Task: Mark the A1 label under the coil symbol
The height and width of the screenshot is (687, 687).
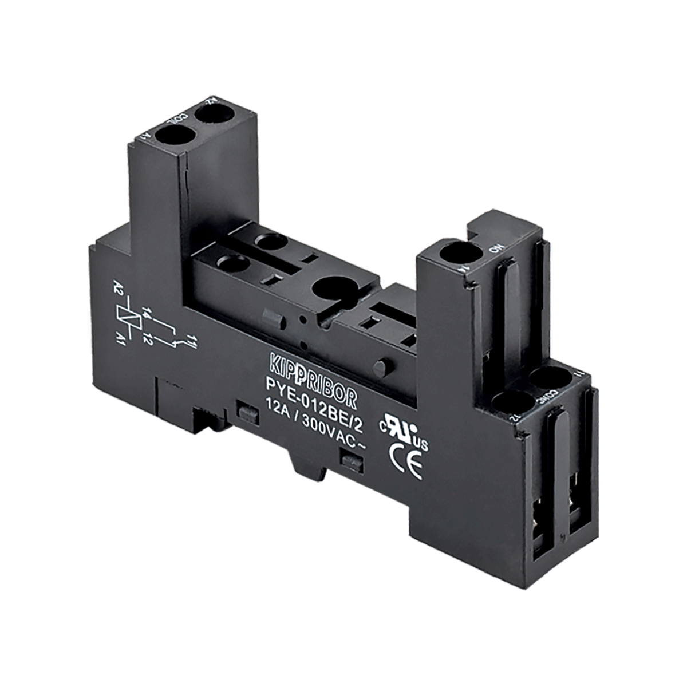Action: (x=121, y=338)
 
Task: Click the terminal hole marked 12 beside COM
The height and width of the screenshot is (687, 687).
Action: (x=508, y=401)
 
